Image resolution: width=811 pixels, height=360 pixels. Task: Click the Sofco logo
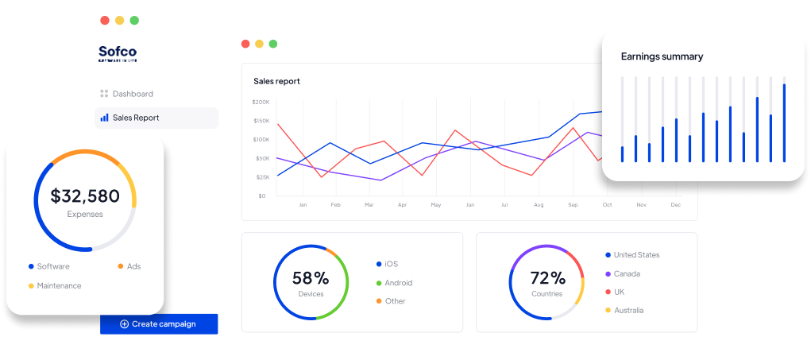pos(118,53)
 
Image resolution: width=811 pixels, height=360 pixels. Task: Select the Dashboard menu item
pos(132,94)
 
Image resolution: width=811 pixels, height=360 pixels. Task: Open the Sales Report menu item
pos(135,118)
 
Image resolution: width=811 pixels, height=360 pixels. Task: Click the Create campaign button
pos(159,323)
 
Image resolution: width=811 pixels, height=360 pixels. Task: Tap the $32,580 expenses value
pos(85,195)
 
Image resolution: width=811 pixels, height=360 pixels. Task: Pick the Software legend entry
pos(52,266)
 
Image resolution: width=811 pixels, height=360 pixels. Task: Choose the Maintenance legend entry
pos(58,285)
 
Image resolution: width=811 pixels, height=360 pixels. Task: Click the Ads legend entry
pos(133,266)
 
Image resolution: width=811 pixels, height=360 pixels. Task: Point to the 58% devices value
pos(310,278)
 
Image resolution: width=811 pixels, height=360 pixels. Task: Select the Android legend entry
pos(398,282)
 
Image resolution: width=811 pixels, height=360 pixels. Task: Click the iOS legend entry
pos(391,264)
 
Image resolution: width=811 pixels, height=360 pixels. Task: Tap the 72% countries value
pos(547,278)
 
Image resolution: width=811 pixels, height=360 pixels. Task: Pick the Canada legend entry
pos(626,273)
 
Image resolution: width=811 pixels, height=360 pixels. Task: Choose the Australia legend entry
pos(628,310)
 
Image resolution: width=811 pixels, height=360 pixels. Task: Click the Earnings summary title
pos(662,56)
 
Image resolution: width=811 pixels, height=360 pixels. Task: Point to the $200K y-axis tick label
pos(261,103)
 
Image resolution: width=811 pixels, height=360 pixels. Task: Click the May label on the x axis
pos(435,205)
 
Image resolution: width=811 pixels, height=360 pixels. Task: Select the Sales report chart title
pos(276,81)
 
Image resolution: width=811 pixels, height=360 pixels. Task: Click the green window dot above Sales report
pos(273,44)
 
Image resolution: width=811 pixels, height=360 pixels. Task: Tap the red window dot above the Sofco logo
pos(105,20)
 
